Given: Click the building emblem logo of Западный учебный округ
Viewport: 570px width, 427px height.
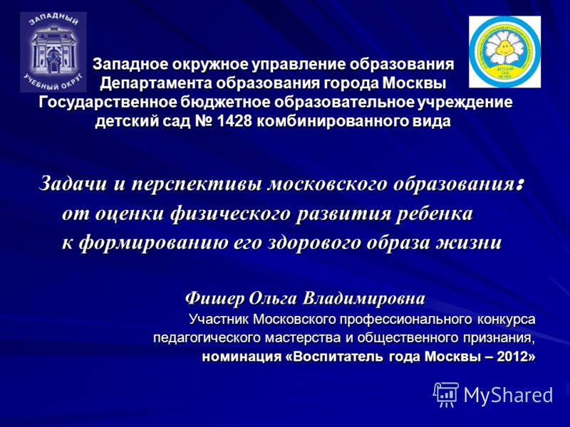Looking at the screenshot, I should pos(53,51).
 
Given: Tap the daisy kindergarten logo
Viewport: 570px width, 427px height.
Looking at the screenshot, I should pos(504,52).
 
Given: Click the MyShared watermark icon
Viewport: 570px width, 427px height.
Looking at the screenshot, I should pos(446,394).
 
